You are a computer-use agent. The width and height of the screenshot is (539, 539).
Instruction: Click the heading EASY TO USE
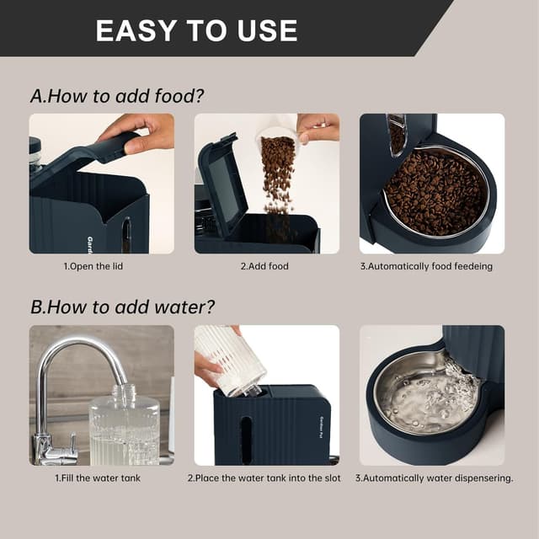(x=196, y=31)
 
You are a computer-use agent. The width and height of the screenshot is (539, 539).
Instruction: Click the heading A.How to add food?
(x=117, y=96)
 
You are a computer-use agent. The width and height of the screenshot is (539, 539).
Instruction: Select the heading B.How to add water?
(x=122, y=307)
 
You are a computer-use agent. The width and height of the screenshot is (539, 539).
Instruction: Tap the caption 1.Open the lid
(x=101, y=266)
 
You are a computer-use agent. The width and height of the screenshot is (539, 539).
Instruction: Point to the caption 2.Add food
(x=266, y=266)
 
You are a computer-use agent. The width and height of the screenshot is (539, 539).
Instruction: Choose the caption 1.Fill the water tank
(x=99, y=478)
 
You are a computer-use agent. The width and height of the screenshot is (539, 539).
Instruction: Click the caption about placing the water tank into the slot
(x=265, y=478)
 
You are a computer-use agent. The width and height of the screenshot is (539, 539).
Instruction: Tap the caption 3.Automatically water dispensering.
(x=433, y=478)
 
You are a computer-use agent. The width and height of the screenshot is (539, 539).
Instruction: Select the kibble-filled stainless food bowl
(x=435, y=191)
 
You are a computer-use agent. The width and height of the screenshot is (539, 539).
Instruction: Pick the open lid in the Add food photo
(x=221, y=181)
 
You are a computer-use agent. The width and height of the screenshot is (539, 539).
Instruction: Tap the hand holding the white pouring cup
(x=318, y=127)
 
